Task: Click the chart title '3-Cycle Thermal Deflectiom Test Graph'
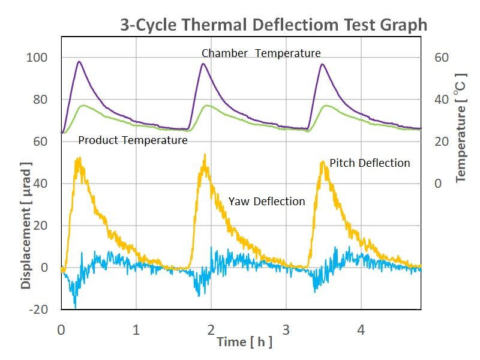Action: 273,25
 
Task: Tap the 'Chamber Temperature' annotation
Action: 261,53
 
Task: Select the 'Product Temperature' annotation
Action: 133,140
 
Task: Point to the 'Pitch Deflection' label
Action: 370,163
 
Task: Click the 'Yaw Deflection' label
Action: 266,202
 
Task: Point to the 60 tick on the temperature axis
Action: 442,58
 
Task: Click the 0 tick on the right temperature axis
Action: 438,184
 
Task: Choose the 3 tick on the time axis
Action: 286,330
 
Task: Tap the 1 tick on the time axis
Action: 136,330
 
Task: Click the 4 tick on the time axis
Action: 361,330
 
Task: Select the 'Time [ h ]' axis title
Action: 244,343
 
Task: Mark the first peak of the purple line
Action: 79,61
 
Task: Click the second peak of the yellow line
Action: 205,154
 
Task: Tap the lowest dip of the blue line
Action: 75,307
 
